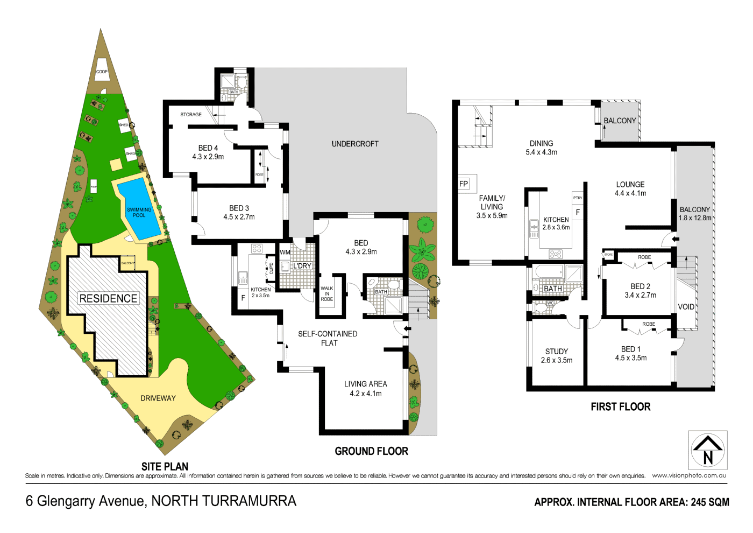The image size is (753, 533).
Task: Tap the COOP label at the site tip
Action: [102, 72]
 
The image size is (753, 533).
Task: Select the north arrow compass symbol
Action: [708, 451]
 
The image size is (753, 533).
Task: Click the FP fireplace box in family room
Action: [464, 184]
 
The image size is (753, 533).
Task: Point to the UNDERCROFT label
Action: [355, 144]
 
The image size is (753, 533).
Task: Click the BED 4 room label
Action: [208, 148]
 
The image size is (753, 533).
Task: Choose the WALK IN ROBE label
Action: [327, 294]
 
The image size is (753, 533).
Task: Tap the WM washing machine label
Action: [285, 252]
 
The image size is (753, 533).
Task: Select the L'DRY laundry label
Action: [302, 266]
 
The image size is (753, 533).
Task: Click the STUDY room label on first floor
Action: [557, 352]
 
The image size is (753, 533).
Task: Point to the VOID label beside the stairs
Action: [686, 307]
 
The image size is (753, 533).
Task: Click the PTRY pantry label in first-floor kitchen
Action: [578, 198]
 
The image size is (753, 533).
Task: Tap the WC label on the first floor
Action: [550, 303]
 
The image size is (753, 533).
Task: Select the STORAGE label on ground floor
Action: [191, 115]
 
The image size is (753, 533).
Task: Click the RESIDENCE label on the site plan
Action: [108, 298]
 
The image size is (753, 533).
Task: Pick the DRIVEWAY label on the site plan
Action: [158, 398]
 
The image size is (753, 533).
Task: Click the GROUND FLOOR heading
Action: [371, 451]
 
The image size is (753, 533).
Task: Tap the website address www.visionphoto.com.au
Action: [689, 475]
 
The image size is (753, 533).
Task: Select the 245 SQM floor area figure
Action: [710, 502]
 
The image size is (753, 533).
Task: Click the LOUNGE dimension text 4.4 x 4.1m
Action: [630, 193]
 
